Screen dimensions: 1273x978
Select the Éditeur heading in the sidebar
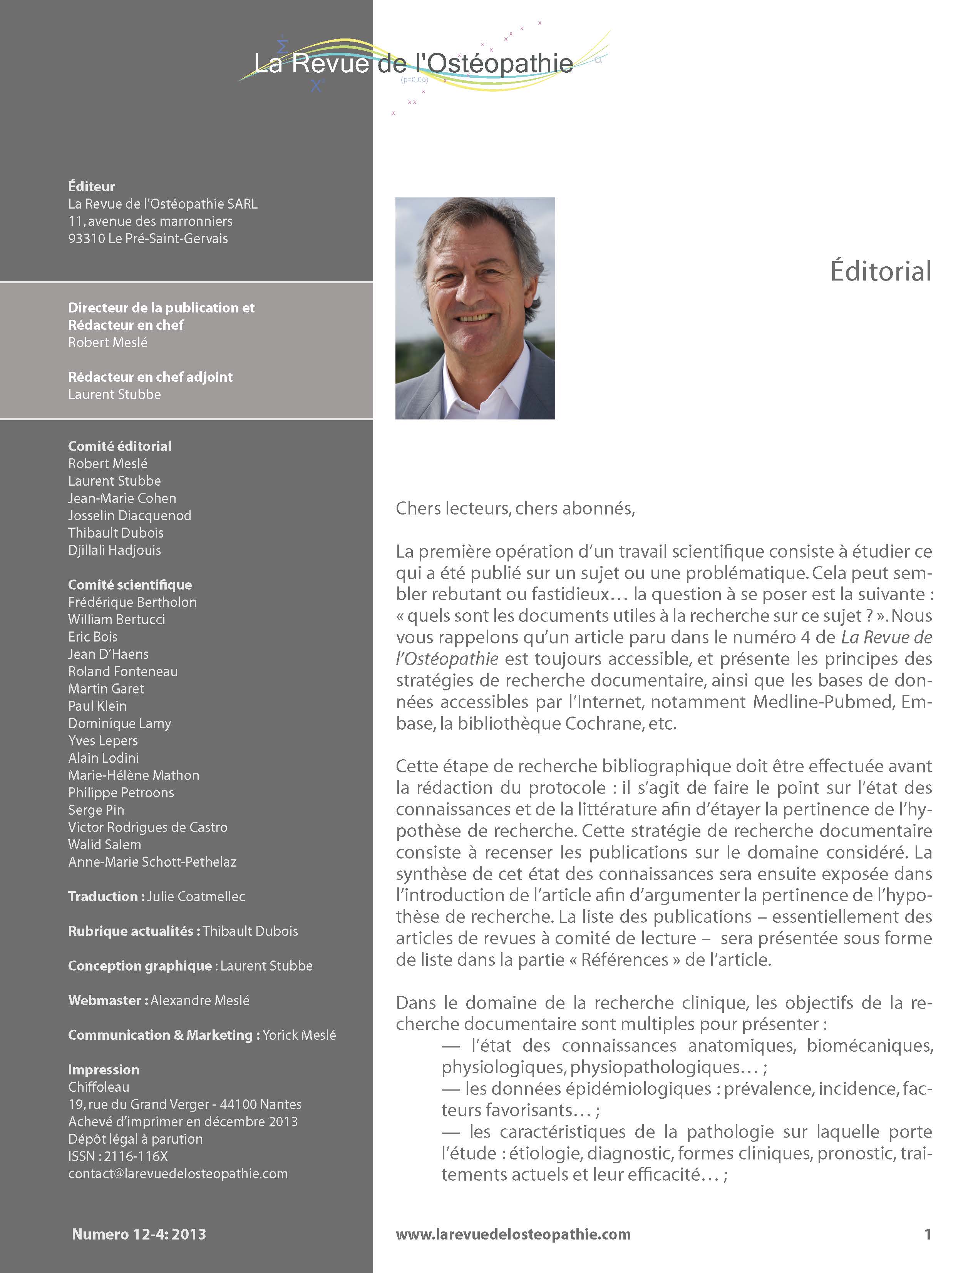91,187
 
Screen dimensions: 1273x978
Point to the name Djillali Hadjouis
115,550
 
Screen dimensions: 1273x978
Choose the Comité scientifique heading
130,585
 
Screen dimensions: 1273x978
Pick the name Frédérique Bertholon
132,602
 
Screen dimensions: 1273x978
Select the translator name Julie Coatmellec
196,897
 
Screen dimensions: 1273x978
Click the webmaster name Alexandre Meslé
200,1001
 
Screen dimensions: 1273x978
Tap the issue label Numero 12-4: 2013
139,1235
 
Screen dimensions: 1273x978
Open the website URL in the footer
513,1235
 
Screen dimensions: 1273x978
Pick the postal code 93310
87,239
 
